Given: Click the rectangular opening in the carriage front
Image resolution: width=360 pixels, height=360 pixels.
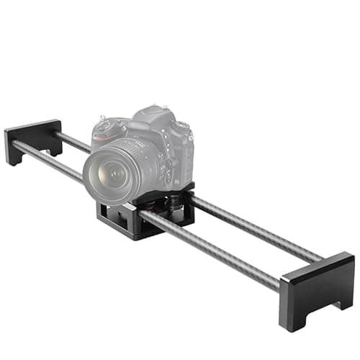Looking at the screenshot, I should click(119, 216).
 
